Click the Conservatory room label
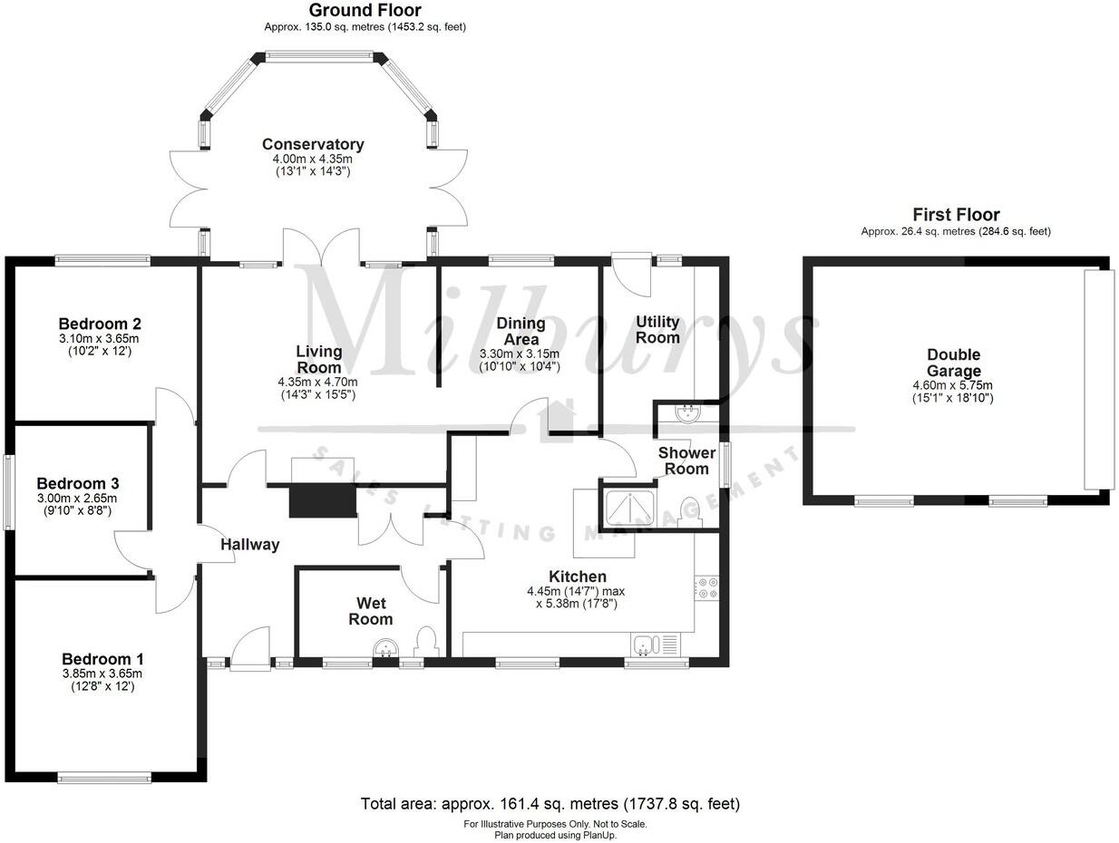(x=313, y=144)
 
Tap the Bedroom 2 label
(x=100, y=324)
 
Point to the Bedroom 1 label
(x=102, y=659)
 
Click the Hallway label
(x=250, y=545)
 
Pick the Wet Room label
(x=371, y=611)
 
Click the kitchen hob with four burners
(x=706, y=587)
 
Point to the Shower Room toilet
(x=690, y=509)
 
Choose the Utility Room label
(x=657, y=329)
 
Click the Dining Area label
(x=521, y=331)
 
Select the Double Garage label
(x=953, y=363)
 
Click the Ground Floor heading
(x=365, y=11)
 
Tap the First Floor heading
(x=956, y=215)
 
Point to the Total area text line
(x=550, y=803)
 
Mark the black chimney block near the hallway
(x=322, y=499)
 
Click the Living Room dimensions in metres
(x=319, y=383)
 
